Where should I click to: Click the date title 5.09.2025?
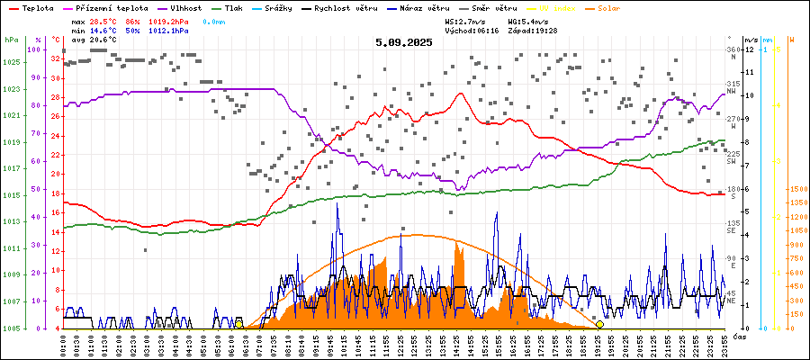(x=404, y=41)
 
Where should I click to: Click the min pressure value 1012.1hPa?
(x=169, y=30)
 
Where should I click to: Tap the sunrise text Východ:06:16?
(x=472, y=30)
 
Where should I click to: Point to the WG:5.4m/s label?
(x=528, y=20)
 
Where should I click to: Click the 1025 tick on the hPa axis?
(x=11, y=62)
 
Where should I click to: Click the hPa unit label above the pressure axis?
(x=11, y=40)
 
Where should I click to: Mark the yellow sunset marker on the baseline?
(x=599, y=324)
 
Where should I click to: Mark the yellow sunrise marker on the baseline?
(x=238, y=324)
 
